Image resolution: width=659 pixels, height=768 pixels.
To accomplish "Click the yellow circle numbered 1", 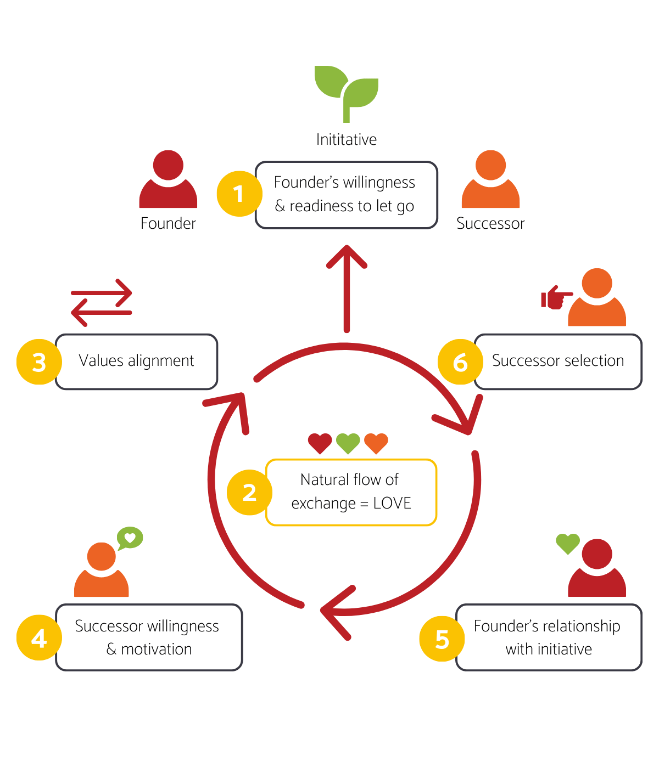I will pos(238,194).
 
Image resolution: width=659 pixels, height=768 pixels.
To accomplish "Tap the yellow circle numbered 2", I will pos(249,493).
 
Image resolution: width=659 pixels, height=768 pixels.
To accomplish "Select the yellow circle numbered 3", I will pos(39,362).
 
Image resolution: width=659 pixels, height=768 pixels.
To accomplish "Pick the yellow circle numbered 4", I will pos(39,639).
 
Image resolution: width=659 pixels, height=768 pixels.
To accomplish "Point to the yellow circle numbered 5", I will pos(442,639).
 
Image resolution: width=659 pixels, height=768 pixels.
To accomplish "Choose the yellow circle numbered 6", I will pos(460,362).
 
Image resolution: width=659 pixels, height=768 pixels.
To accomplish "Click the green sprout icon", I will pos(347,92).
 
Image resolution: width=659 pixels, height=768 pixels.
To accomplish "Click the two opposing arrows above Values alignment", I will pos(102,302).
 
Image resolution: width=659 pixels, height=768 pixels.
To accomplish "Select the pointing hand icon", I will pos(555,297).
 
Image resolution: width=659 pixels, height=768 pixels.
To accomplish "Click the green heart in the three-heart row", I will pos(348,443).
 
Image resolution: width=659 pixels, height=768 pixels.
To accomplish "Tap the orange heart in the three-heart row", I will pos(376,443).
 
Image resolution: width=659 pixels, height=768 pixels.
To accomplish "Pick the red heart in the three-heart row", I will pos(320,443).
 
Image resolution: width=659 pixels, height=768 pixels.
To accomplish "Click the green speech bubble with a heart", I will pos(130,538).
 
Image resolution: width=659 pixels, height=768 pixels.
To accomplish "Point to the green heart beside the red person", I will pos(567,543).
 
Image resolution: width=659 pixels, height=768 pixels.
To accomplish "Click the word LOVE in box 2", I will pos(392,503).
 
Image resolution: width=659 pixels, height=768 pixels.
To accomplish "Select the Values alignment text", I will pos(136,361).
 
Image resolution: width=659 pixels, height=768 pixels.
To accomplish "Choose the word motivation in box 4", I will pos(157,649).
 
